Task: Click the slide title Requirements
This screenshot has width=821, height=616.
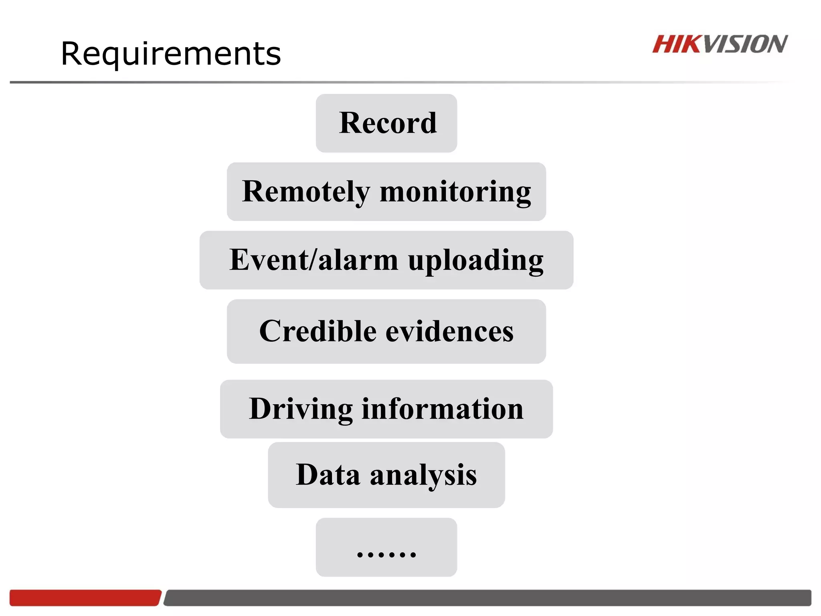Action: coord(171,54)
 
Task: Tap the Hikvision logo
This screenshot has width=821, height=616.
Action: coord(720,44)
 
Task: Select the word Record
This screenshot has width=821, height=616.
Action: coord(388,123)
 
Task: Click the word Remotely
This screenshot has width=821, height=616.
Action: coord(305,192)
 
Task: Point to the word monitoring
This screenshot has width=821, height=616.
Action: coord(455,192)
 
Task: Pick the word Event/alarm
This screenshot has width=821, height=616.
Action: coord(313,260)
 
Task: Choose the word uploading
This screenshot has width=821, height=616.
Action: coord(476,261)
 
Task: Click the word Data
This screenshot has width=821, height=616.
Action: coord(328,475)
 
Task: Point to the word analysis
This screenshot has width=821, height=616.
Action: coord(423,476)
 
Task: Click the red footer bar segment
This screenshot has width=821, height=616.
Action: coord(85,598)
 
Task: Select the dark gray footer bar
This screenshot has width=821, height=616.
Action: coord(487,598)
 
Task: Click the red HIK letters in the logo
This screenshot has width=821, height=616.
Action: coord(677,44)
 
